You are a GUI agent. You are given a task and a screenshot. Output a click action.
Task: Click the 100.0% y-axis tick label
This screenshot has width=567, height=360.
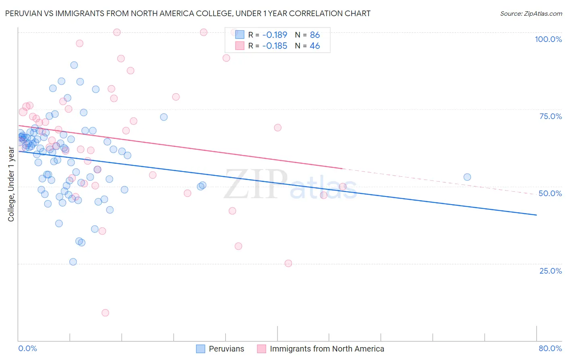[x=548, y=39]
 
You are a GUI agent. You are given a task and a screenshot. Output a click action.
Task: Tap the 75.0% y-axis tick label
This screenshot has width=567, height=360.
[x=550, y=116]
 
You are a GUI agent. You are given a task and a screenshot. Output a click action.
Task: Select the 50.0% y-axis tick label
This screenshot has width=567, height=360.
[x=550, y=193]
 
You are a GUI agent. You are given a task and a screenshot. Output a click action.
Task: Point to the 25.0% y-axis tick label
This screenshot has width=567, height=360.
[x=550, y=270]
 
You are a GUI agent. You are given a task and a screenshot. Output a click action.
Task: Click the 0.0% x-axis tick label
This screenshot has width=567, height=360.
[x=27, y=348]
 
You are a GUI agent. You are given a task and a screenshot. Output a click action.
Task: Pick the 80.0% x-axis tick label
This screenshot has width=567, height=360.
[x=550, y=348]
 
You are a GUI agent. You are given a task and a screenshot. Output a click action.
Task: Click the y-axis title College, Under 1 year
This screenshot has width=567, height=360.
[x=11, y=184]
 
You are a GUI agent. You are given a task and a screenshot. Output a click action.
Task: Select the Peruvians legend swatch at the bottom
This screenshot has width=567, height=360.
[x=200, y=349]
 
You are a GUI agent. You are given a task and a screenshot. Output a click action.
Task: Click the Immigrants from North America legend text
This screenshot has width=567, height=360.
[x=327, y=349]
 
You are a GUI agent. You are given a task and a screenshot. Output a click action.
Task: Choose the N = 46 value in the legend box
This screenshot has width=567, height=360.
[x=307, y=46]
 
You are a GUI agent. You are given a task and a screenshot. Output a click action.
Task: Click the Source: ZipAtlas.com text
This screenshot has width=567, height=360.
[x=531, y=14]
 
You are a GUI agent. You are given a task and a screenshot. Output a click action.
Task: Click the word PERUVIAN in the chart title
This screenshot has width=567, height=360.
[x=23, y=14]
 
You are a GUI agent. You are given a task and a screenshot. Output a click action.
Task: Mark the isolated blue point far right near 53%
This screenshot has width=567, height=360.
[x=467, y=177]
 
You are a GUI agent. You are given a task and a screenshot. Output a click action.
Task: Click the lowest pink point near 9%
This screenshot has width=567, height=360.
[x=105, y=313]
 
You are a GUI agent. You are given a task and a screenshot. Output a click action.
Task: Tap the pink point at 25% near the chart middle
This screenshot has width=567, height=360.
[x=288, y=263]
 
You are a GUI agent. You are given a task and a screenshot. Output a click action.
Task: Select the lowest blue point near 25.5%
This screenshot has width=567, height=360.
[x=73, y=262]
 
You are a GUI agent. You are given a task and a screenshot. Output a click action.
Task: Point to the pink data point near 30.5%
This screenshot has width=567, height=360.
[x=238, y=246]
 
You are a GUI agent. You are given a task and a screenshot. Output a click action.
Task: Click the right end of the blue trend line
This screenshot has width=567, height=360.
[x=536, y=215]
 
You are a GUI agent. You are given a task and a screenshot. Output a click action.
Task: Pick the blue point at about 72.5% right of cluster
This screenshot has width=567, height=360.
[x=164, y=117]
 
